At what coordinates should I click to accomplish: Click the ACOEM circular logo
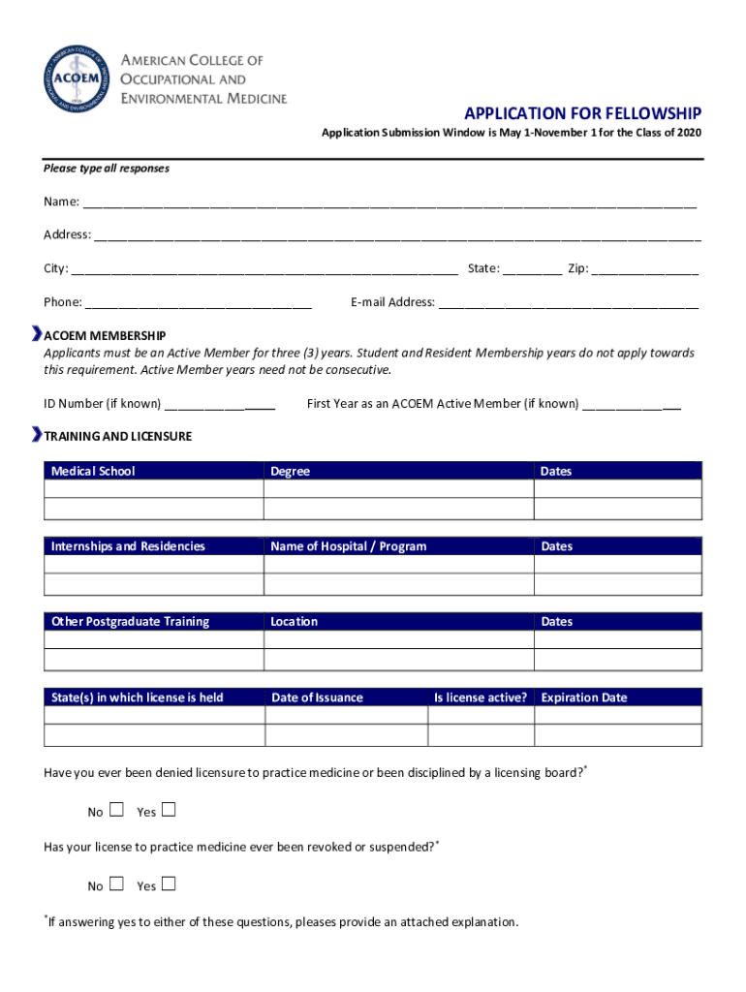tap(77, 78)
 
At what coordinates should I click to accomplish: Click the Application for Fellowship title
tap(582, 113)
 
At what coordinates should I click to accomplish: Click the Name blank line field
tap(389, 203)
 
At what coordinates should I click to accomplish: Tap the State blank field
tap(532, 269)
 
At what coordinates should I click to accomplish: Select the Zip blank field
tap(645, 269)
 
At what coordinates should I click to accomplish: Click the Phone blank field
tap(199, 303)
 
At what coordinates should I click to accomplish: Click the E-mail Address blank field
tap(569, 303)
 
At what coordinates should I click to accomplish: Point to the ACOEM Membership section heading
tap(105, 335)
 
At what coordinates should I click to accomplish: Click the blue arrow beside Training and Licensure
tap(37, 435)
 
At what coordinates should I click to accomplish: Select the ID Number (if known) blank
tap(221, 404)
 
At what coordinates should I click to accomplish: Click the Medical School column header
tap(93, 471)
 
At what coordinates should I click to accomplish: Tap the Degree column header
tap(291, 471)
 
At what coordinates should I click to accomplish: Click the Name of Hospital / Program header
tap(348, 546)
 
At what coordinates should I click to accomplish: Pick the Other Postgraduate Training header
tap(130, 622)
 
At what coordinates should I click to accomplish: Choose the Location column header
tap(295, 622)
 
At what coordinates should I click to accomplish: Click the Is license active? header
tap(481, 697)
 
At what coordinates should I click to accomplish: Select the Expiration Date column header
tap(584, 697)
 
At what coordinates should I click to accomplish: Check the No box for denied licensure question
tap(117, 810)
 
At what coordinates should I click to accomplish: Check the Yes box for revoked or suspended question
tap(169, 883)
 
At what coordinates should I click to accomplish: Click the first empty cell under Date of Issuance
tap(346, 716)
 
